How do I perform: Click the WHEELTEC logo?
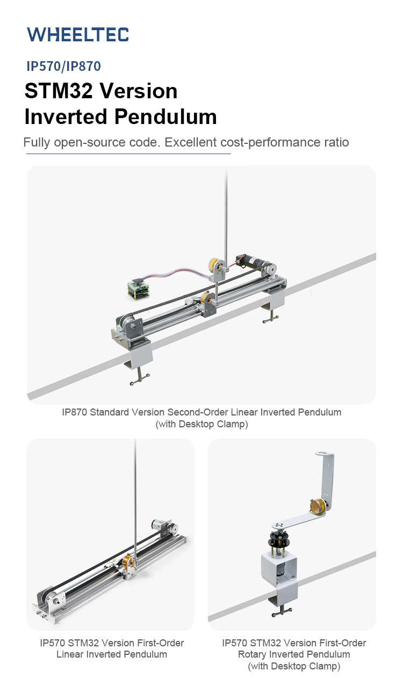[x=78, y=34]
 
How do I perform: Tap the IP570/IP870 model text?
[x=63, y=66]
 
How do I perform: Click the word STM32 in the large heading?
[x=59, y=91]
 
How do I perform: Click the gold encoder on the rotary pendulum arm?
[x=317, y=506]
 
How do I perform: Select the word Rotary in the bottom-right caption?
[x=253, y=654]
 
